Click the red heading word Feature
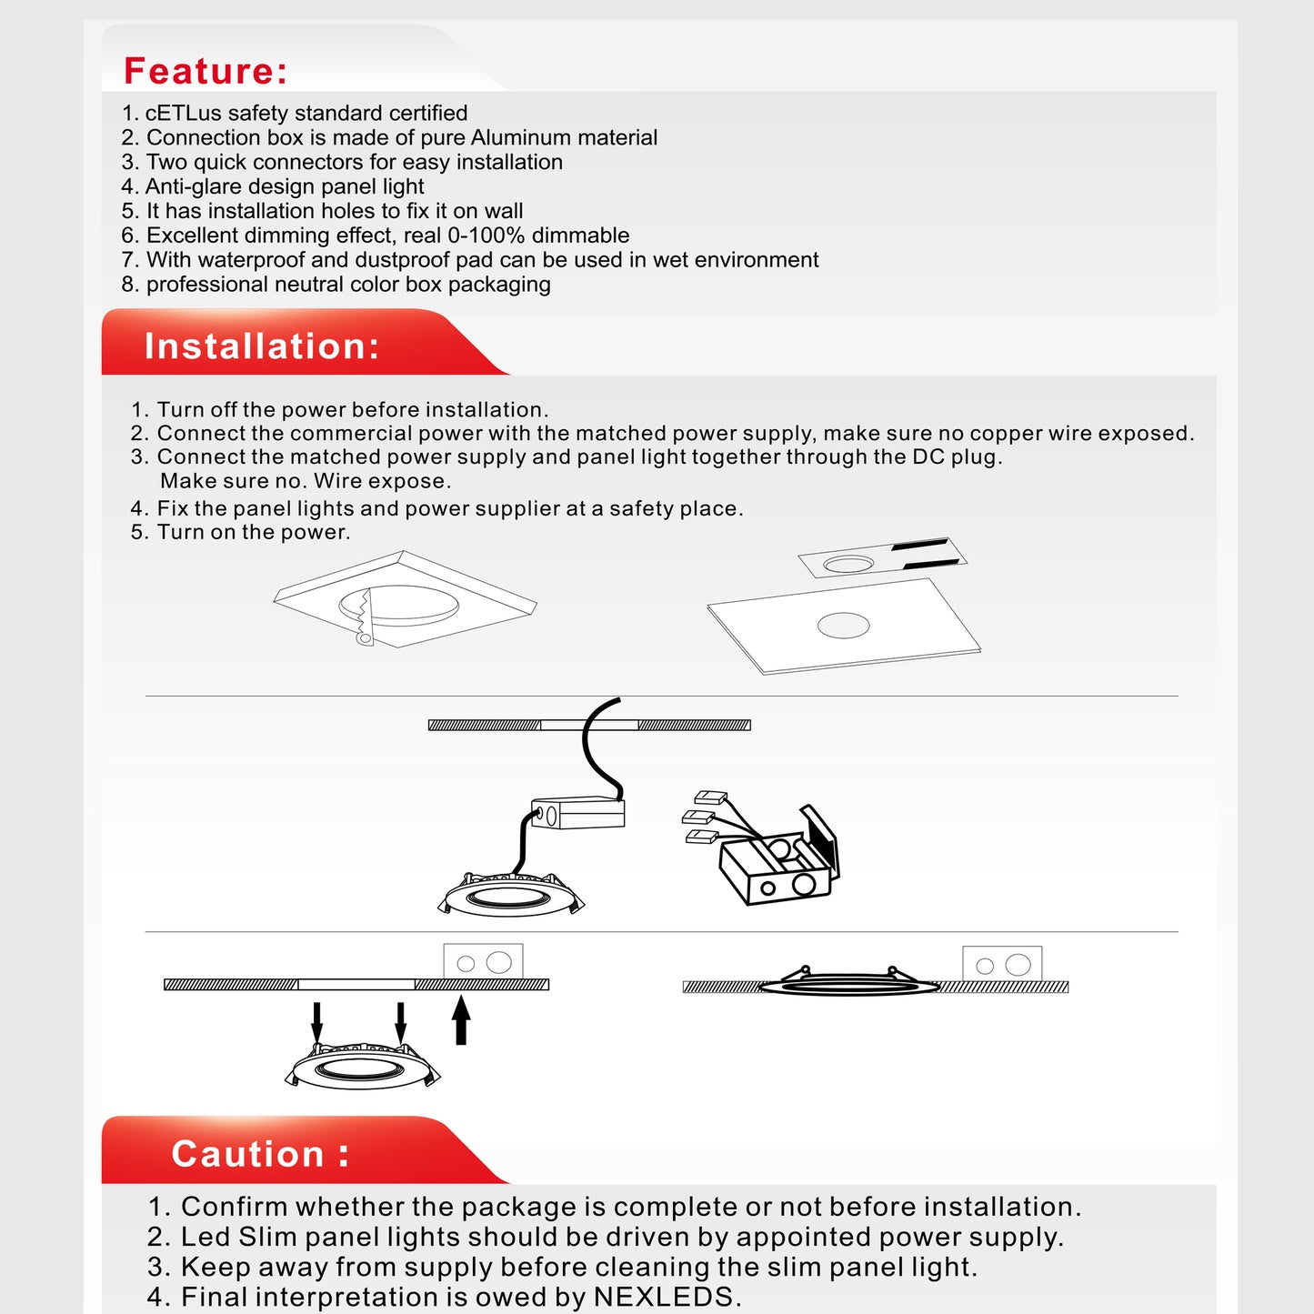(x=205, y=71)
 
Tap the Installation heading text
(x=262, y=346)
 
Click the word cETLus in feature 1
(x=183, y=113)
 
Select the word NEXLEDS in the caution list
(x=663, y=1297)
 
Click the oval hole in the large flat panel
(x=844, y=625)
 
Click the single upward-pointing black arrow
(x=461, y=1019)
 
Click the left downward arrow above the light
(x=316, y=1023)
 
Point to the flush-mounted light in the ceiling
(x=849, y=985)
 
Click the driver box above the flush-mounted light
(x=1002, y=964)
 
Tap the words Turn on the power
(x=253, y=532)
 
